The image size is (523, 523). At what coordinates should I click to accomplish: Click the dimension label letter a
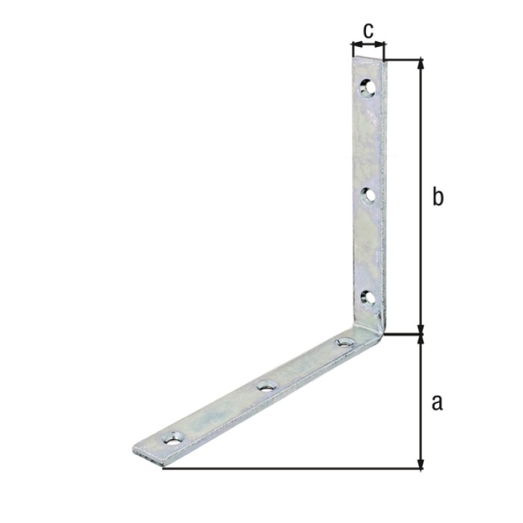point(437,402)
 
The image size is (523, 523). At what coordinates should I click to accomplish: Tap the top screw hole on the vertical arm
point(368,87)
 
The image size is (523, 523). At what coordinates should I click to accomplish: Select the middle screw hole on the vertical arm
point(368,195)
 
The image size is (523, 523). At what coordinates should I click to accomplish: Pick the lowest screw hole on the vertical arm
point(368,299)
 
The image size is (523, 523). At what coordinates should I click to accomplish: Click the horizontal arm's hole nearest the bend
point(344,342)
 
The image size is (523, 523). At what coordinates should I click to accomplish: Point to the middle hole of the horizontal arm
point(266,386)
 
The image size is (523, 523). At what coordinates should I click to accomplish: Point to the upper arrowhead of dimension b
point(421,64)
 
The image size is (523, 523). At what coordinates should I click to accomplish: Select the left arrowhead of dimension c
point(354,47)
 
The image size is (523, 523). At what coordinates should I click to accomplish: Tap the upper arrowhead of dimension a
point(421,339)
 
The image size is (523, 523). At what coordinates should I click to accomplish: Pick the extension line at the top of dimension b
point(403,59)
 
